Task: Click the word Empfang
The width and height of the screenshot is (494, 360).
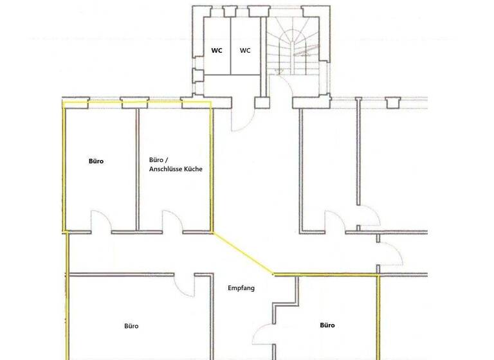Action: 241,288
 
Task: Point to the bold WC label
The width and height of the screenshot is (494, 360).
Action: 217,51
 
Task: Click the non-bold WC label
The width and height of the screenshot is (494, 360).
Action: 245,51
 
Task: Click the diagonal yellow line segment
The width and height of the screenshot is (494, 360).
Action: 244,253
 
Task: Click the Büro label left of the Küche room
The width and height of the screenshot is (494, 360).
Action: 96,161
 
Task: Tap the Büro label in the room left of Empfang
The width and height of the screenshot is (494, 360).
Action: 131,326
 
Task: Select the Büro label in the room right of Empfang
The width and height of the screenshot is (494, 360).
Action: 327,325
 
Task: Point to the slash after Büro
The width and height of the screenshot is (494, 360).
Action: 167,160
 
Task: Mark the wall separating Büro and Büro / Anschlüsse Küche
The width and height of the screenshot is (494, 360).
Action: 136,167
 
